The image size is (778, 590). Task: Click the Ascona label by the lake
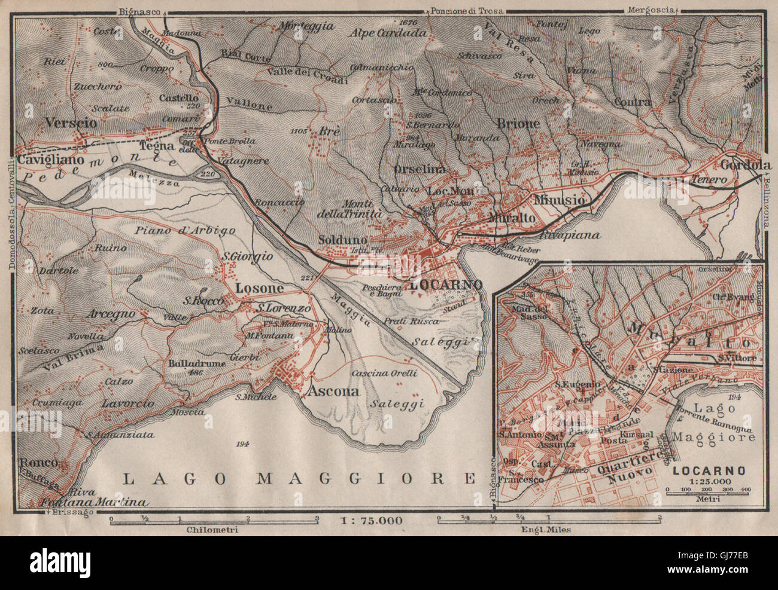point(333,392)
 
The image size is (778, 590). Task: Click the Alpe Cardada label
point(390,33)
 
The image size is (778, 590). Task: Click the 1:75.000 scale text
point(372,520)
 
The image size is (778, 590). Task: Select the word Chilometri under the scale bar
point(213,530)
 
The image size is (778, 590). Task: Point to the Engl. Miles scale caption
point(546,530)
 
